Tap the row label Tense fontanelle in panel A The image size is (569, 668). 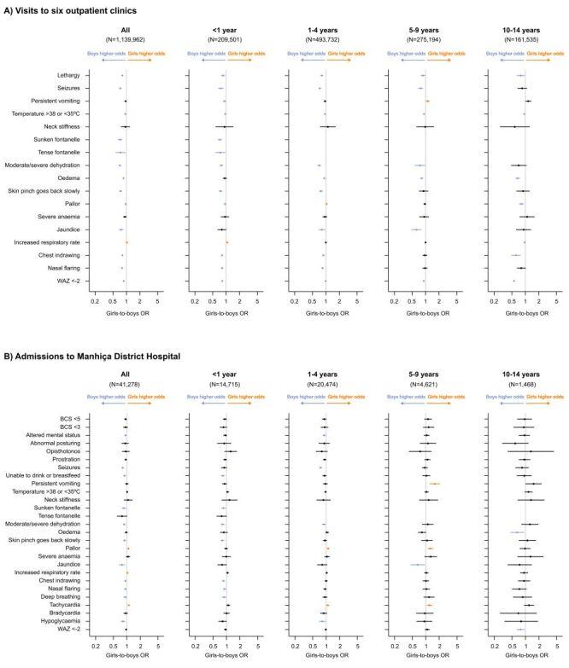(60, 152)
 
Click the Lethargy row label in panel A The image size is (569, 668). (67, 75)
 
